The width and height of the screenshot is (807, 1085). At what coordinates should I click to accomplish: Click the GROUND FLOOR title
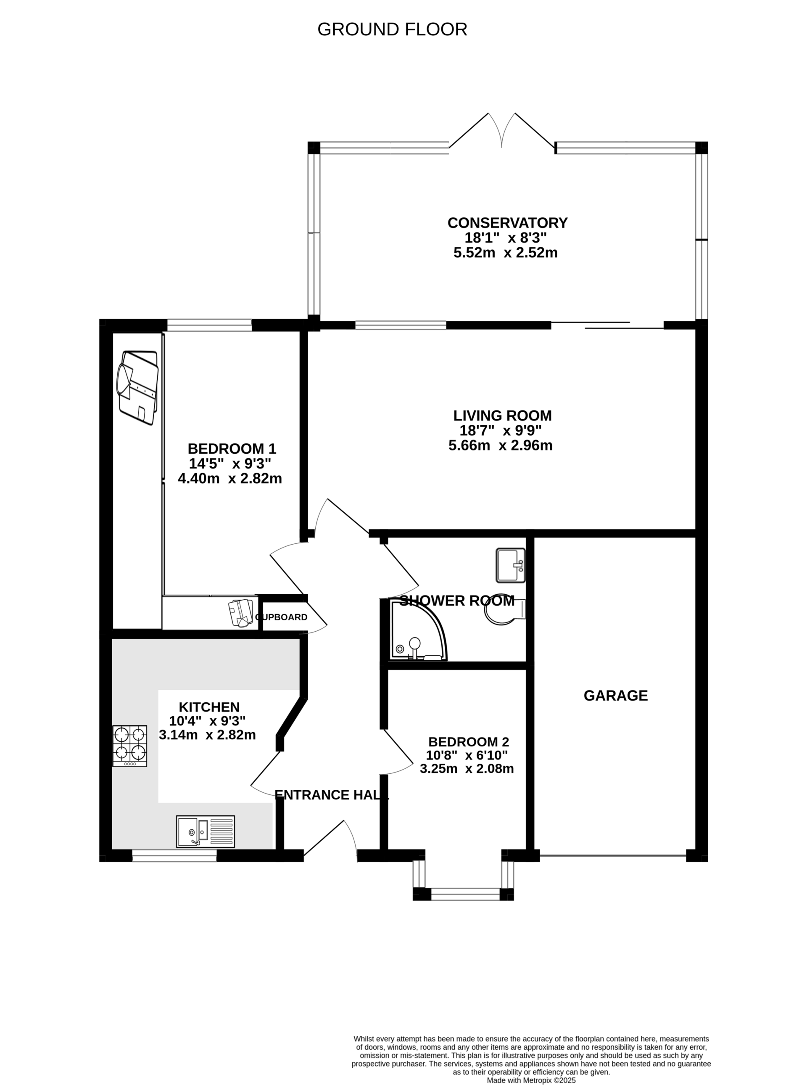(392, 30)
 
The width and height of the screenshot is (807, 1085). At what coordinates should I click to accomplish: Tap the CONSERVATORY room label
(508, 223)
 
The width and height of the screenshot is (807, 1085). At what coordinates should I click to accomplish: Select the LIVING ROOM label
(503, 416)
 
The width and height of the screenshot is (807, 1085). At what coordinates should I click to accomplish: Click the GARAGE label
(615, 696)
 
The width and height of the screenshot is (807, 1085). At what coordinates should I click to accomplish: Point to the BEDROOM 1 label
(232, 449)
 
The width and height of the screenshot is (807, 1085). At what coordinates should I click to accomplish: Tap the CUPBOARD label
(281, 617)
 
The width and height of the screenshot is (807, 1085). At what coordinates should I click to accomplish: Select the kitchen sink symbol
(206, 831)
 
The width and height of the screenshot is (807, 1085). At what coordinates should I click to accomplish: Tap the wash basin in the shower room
(511, 566)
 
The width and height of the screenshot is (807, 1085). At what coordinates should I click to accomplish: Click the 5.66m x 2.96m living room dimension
(501, 446)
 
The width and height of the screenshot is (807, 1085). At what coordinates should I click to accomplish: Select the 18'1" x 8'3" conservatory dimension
(506, 238)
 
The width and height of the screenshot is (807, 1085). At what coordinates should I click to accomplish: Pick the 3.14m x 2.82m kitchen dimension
(207, 735)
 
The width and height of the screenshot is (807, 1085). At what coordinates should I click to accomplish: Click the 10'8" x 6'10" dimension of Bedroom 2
(467, 756)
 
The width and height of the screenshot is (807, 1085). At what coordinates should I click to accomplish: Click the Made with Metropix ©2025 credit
(532, 1067)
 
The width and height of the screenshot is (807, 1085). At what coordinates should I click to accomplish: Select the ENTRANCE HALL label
(332, 795)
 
